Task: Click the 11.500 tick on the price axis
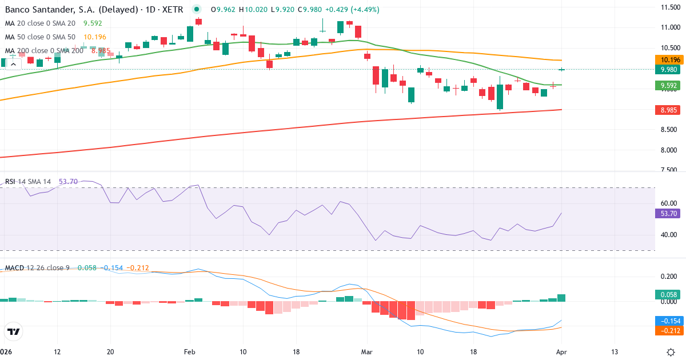[x=669, y=7]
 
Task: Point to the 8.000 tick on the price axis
[x=669, y=150]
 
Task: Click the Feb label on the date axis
[x=190, y=351]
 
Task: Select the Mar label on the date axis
[x=366, y=351]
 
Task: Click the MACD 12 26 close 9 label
[x=37, y=267]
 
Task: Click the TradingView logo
[x=14, y=331]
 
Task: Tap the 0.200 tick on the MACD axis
[x=669, y=277]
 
